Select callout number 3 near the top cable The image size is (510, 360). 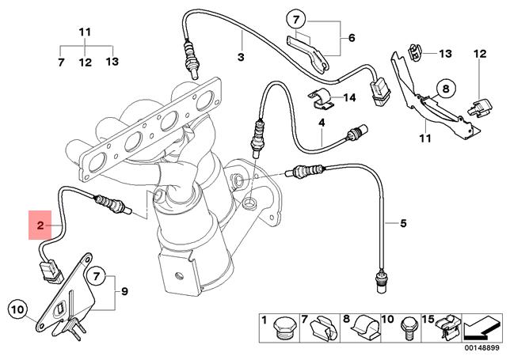point(241,56)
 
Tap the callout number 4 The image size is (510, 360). point(322,123)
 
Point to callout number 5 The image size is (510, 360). point(402,224)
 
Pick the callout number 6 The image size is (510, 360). point(352,37)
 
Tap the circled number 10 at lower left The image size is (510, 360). point(18,306)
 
